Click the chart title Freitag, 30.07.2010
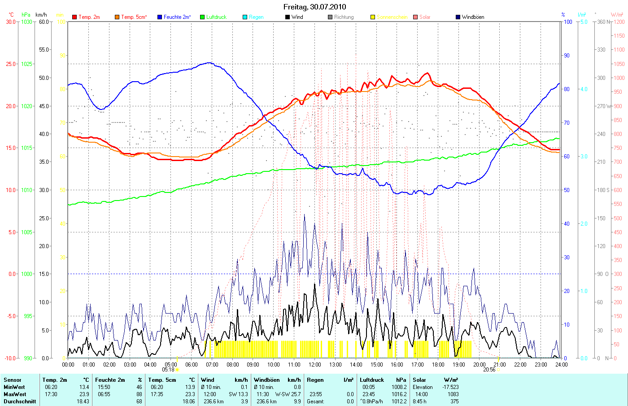(314, 7)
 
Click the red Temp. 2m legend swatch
(74, 17)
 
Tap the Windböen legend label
(473, 17)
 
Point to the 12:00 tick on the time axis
(315, 364)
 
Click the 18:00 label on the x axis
(438, 364)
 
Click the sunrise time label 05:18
(168, 370)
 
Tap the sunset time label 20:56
(489, 370)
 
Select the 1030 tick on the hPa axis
(26, 22)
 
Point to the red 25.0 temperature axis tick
(11, 64)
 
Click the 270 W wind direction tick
(603, 106)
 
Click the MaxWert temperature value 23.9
(84, 394)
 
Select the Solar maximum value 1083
(453, 394)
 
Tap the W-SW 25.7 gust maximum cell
(288, 394)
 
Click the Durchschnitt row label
(20, 402)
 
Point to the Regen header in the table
(315, 380)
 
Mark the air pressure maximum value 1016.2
(398, 394)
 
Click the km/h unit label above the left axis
(41, 15)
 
